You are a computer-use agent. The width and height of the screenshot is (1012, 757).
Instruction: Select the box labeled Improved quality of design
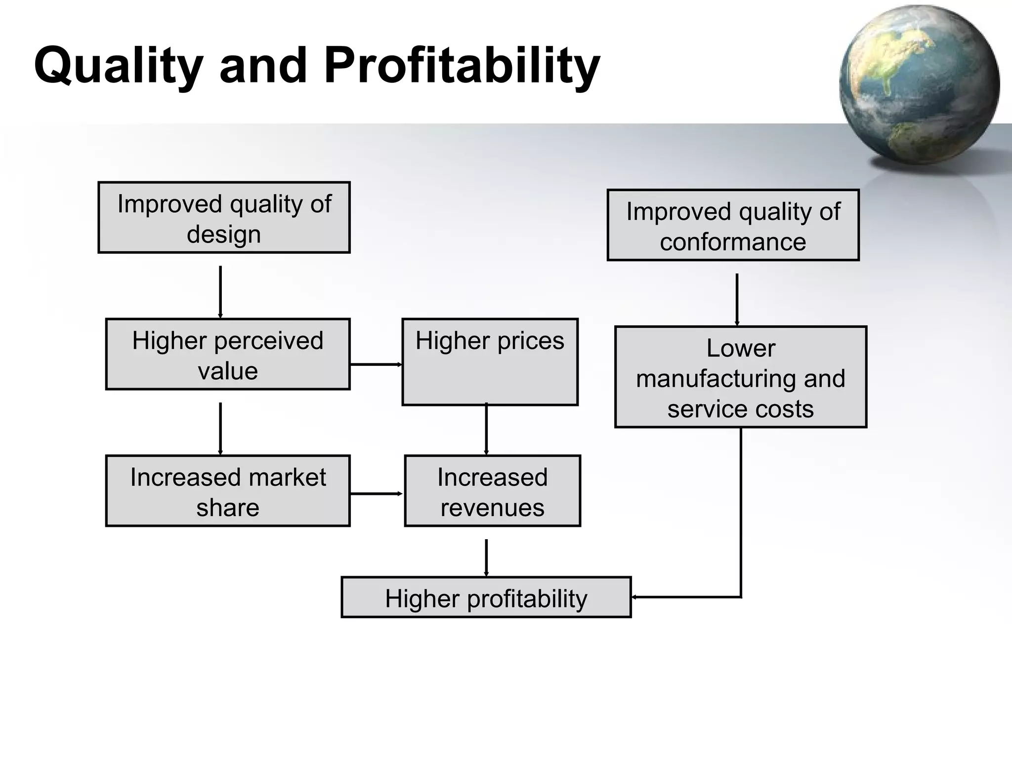pos(224,218)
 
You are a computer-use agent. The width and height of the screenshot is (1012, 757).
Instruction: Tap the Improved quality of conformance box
pos(733,225)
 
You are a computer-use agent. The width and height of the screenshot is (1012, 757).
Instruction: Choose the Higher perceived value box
pos(228,355)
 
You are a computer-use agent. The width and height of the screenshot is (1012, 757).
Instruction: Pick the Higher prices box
pos(490,362)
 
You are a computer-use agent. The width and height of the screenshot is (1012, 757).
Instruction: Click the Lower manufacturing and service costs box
pos(740,377)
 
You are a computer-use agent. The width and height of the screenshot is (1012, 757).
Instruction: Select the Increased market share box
pos(228,491)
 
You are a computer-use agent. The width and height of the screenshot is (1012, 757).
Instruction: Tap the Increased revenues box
pos(492,491)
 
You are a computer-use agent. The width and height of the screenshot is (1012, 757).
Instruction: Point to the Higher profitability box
pos(486,598)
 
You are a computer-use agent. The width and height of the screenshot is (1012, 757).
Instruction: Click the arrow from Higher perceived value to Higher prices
pos(376,364)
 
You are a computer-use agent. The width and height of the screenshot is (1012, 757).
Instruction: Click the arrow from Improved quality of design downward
pos(220,291)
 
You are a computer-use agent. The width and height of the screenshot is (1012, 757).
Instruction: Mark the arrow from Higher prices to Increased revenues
pos(486,429)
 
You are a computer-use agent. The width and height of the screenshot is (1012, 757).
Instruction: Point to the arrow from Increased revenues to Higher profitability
pos(486,557)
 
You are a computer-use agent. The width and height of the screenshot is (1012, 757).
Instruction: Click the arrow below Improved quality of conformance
pos(737,299)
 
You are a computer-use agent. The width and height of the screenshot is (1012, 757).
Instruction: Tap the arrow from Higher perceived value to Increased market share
pos(220,428)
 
